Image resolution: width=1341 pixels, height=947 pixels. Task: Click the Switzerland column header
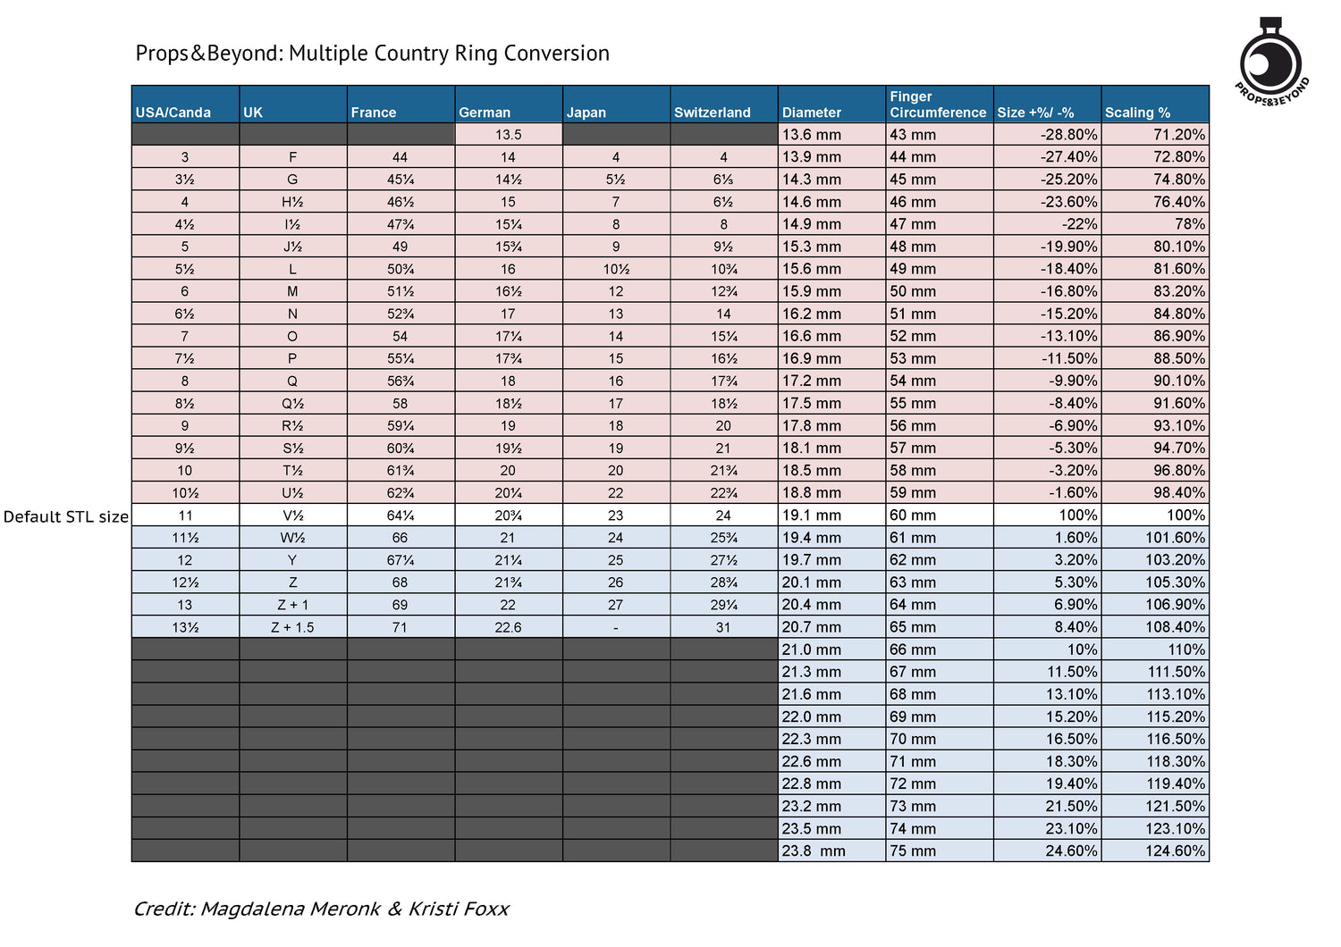(x=712, y=113)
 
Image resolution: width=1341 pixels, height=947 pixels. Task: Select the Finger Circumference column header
(x=938, y=105)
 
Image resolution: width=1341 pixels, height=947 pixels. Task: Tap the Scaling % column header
(x=1137, y=113)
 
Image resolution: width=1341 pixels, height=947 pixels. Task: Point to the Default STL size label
(x=66, y=516)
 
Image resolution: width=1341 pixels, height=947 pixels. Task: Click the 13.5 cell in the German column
(x=509, y=135)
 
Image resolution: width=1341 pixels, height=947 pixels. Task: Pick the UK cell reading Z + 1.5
(x=292, y=627)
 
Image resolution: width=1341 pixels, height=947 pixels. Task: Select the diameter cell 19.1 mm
(x=811, y=515)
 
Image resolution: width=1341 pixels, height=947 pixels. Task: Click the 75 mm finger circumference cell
(x=913, y=851)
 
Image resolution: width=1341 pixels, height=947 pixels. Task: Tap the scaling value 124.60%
(x=1175, y=851)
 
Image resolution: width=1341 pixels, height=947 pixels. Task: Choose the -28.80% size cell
(x=1068, y=135)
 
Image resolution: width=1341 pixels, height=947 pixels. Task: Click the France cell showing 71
(x=400, y=627)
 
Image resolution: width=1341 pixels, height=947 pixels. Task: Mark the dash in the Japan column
(x=615, y=627)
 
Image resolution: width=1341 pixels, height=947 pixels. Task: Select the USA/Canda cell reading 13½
(x=185, y=627)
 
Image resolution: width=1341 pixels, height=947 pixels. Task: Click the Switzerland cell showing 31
(x=723, y=627)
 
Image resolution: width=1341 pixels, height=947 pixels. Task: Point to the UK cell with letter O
(x=292, y=336)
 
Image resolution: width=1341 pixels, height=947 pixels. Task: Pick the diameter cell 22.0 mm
(x=811, y=717)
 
